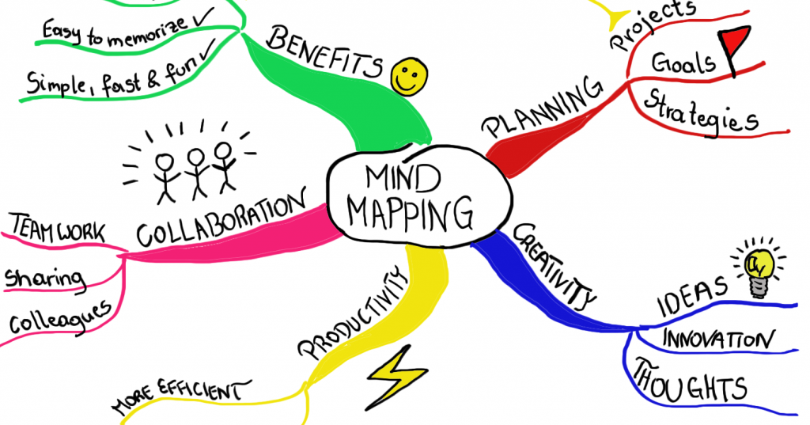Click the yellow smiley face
click(409, 77)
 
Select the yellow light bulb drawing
click(758, 269)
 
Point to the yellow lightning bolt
click(396, 378)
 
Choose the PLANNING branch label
click(541, 107)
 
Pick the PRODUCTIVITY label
click(350, 315)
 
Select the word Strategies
click(701, 112)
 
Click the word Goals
click(683, 63)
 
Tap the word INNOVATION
click(718, 340)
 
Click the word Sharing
click(44, 278)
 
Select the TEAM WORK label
click(58, 229)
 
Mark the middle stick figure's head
click(196, 157)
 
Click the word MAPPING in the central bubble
click(411, 212)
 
